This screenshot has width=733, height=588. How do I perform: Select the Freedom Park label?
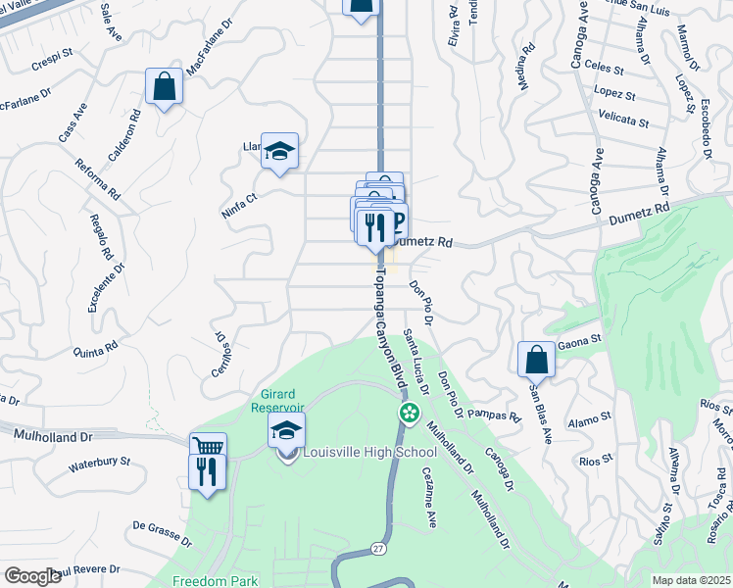(x=216, y=580)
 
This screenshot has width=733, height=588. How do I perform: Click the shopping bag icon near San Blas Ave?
(x=536, y=360)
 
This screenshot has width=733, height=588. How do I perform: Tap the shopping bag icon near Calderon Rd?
(x=165, y=86)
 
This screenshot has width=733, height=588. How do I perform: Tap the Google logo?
(x=32, y=576)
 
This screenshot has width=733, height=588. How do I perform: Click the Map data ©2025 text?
(x=692, y=580)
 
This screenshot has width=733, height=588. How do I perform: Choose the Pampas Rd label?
(x=493, y=415)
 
